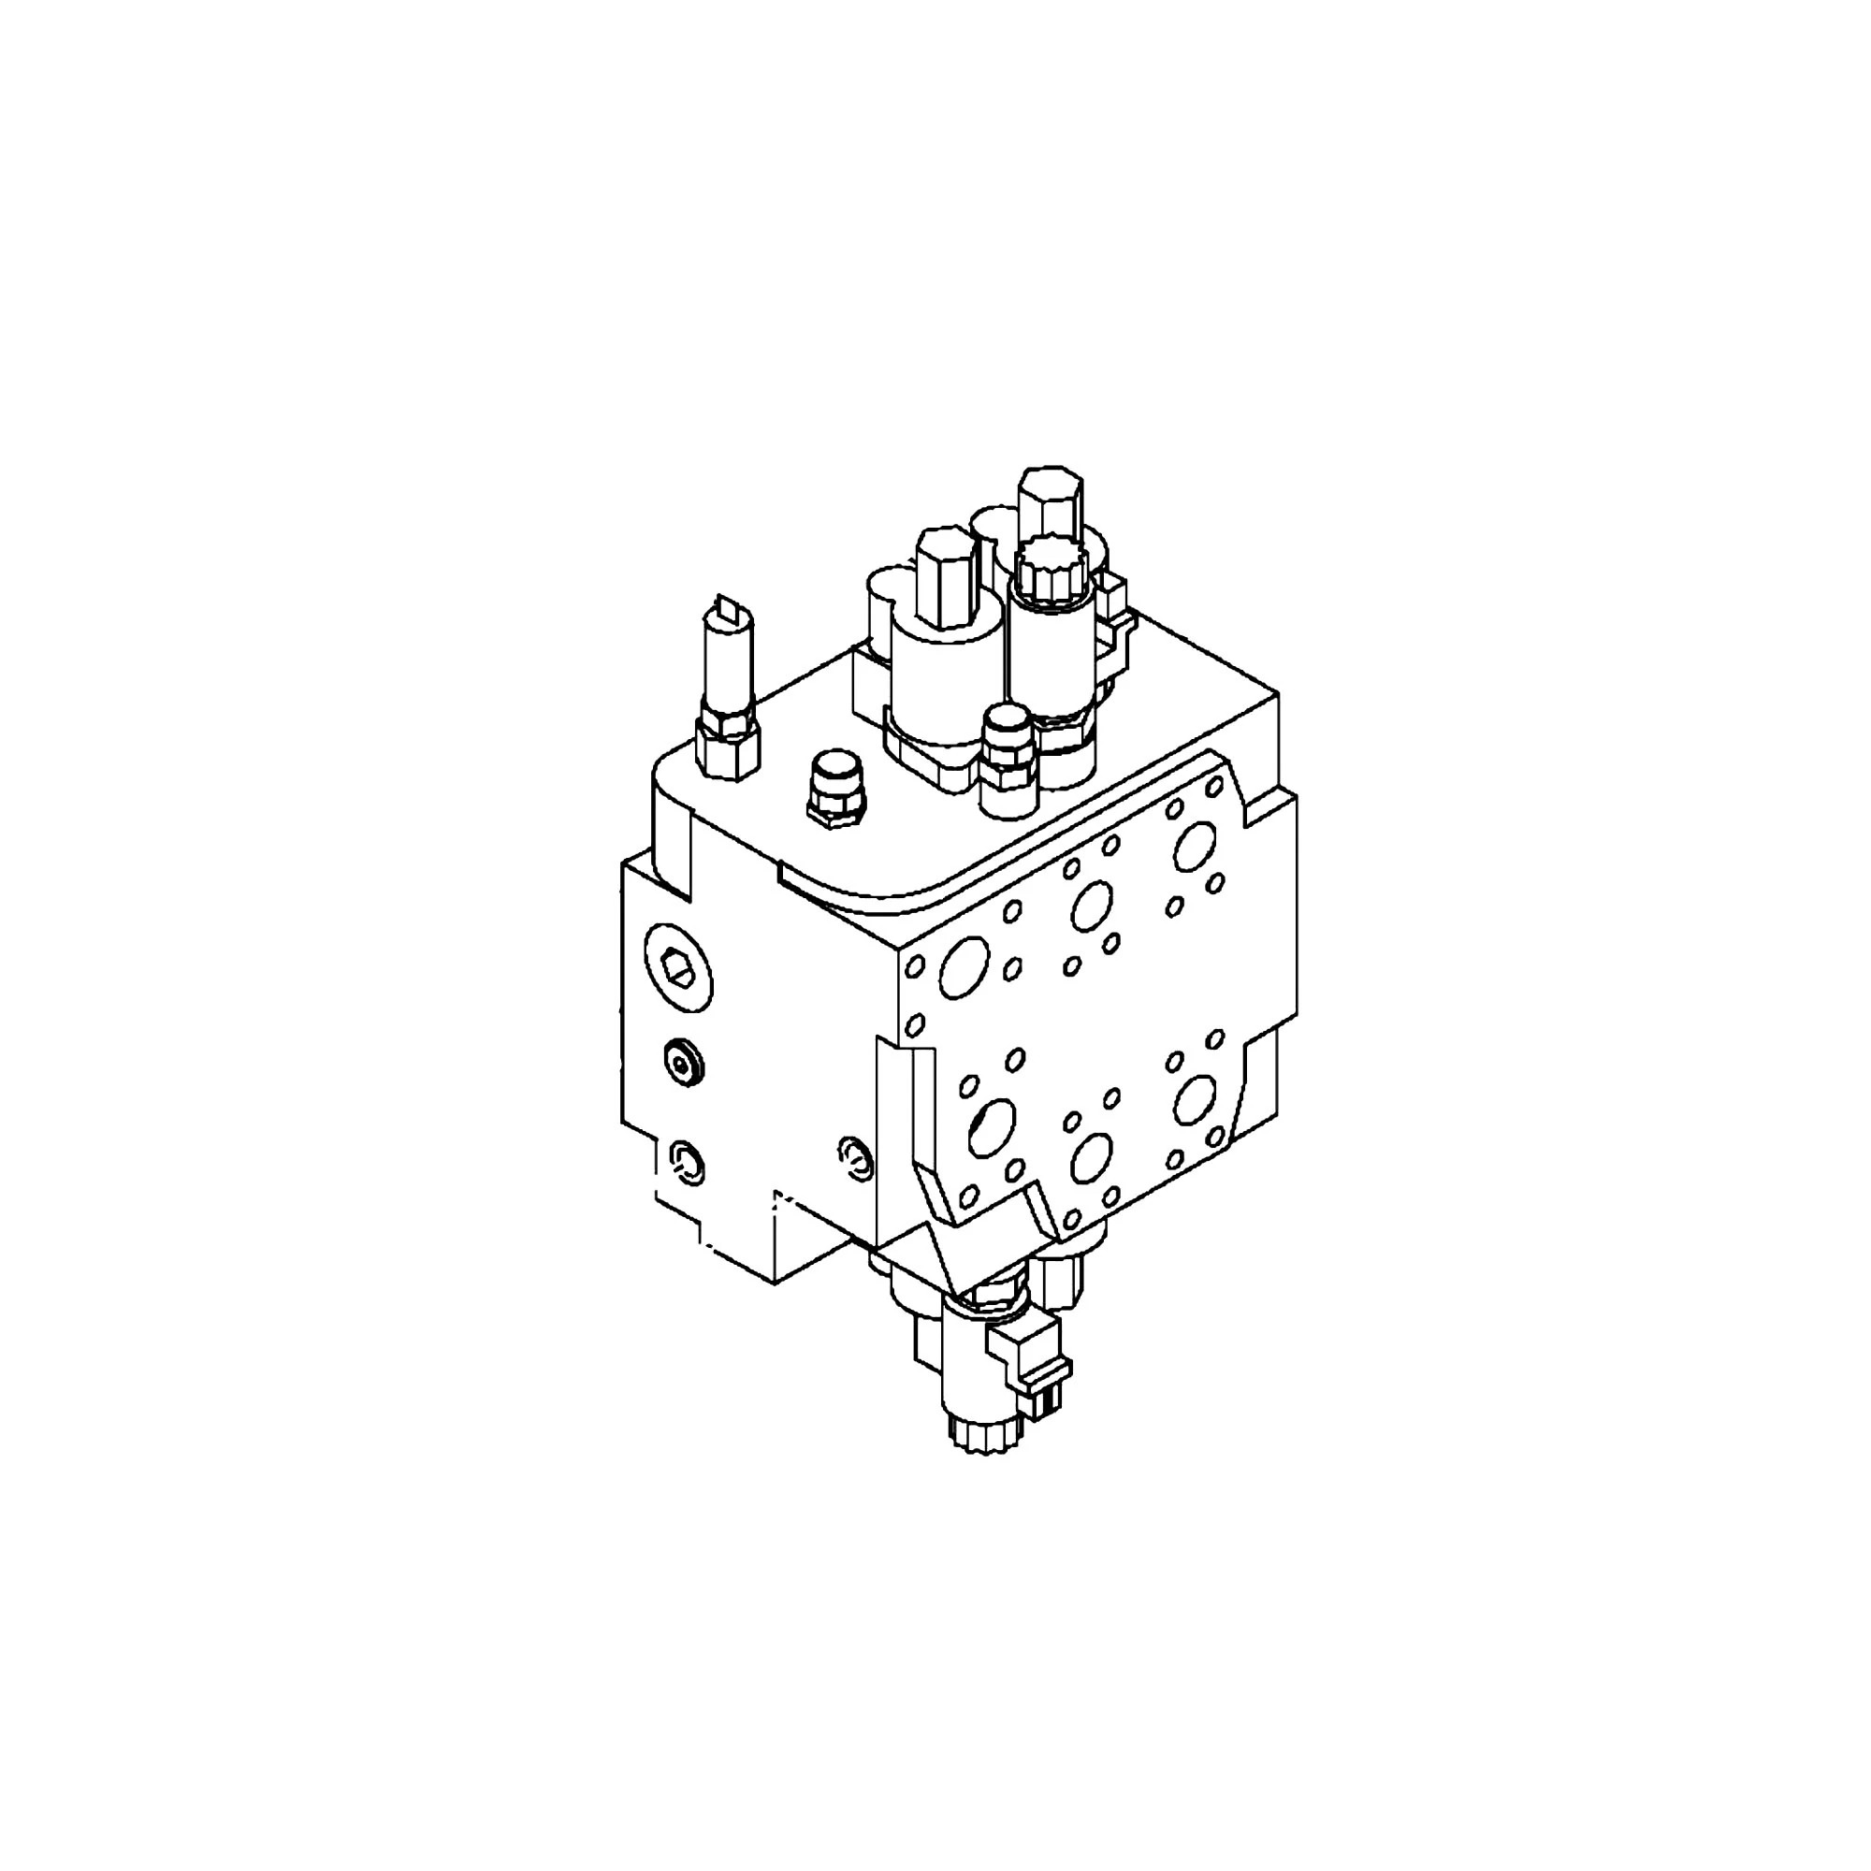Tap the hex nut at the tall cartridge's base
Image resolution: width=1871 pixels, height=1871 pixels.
[728, 746]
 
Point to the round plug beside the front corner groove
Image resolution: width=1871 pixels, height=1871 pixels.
[855, 1157]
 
